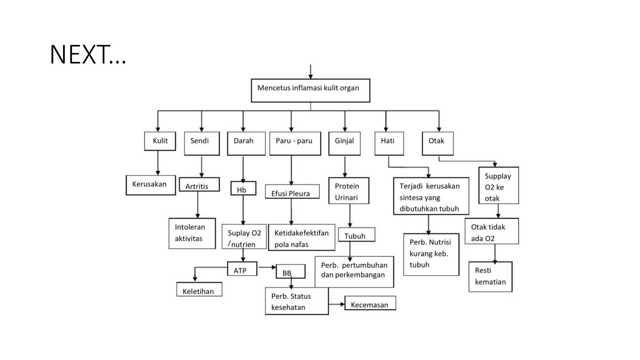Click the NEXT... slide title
pyautogui.click(x=88, y=55)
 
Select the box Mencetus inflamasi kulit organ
pyautogui.click(x=310, y=90)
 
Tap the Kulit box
pyautogui.click(x=160, y=141)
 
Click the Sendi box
pyautogui.click(x=202, y=143)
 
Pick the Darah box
pyautogui.click(x=246, y=143)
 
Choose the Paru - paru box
pyautogui.click(x=295, y=143)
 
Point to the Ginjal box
pyautogui.click(x=344, y=143)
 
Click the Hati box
pyautogui.click(x=389, y=143)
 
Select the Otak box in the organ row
pyautogui.click(x=437, y=143)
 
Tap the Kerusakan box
pyautogui.click(x=151, y=185)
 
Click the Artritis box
pyautogui.click(x=199, y=184)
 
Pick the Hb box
pyautogui.click(x=243, y=188)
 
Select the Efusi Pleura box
pyautogui.click(x=292, y=191)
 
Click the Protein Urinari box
pyautogui.click(x=348, y=191)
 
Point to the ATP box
pyautogui.click(x=242, y=269)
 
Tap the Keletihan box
pyautogui.click(x=199, y=289)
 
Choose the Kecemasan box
pyautogui.click(x=370, y=303)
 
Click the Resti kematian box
pyautogui.click(x=490, y=277)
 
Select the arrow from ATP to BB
pyautogui.click(x=267, y=267)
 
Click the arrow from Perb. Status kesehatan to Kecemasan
pyautogui.click(x=337, y=304)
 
